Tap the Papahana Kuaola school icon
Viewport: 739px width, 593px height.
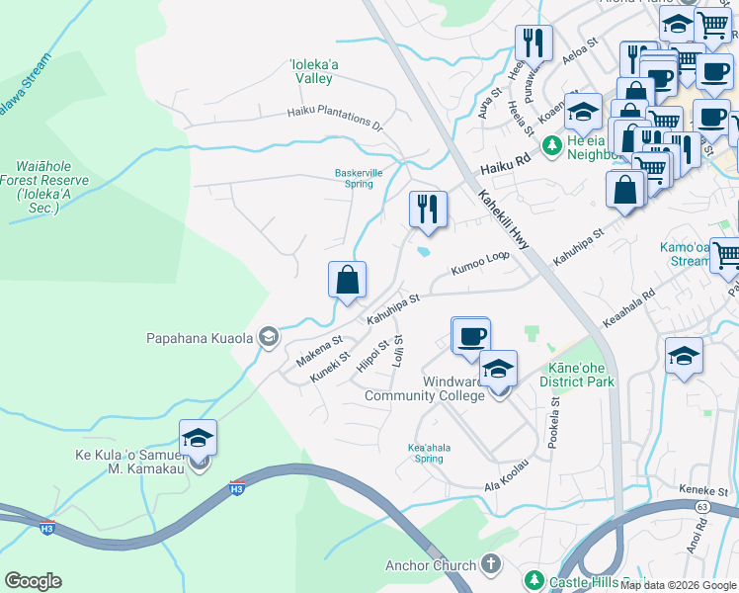point(268,338)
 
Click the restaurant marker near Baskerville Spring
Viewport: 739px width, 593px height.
point(428,210)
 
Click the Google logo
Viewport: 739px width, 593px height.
point(34,581)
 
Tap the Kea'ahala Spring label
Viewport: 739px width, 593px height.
point(429,453)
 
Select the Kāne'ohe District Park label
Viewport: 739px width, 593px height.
point(576,375)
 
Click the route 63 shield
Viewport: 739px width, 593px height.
point(701,506)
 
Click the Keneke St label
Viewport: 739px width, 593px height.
point(703,490)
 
